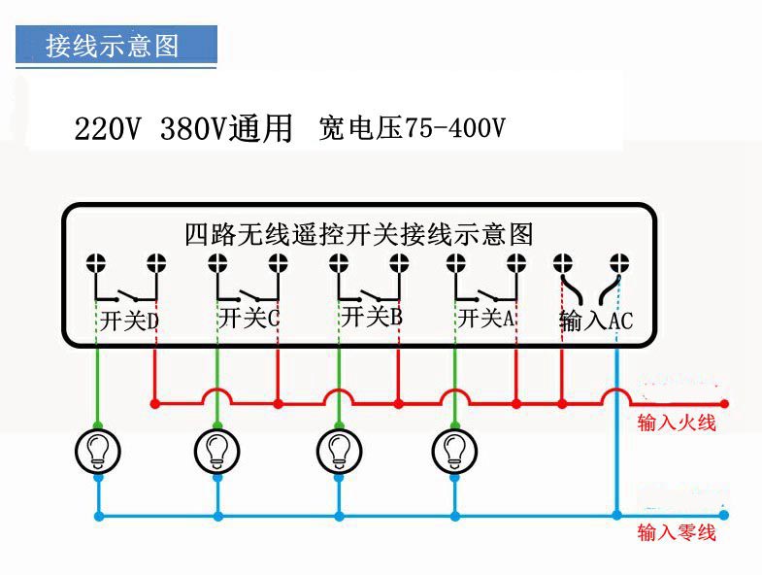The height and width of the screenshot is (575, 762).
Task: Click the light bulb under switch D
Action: [x=98, y=450]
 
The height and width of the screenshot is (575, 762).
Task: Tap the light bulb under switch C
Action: [x=217, y=450]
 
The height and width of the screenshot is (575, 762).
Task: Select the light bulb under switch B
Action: [x=339, y=450]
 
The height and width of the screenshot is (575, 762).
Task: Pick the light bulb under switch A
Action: [x=454, y=450]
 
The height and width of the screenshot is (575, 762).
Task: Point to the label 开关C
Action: [x=249, y=318]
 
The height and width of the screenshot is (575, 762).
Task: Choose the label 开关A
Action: [x=486, y=318]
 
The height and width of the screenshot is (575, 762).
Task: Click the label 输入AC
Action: [x=596, y=321]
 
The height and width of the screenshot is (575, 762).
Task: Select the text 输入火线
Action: [x=676, y=423]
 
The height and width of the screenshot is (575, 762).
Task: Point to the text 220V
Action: [x=108, y=129]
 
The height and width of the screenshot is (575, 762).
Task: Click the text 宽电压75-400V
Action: [x=412, y=128]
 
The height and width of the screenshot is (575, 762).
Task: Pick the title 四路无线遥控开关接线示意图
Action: [x=359, y=234]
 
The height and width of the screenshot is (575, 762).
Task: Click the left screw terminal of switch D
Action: [x=97, y=262]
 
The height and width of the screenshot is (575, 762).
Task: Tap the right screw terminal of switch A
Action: [x=515, y=262]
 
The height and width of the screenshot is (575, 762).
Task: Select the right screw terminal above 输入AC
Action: [x=618, y=262]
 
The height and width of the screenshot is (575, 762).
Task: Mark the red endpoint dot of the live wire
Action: [x=723, y=403]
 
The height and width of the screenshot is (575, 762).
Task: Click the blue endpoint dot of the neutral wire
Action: [x=723, y=516]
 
